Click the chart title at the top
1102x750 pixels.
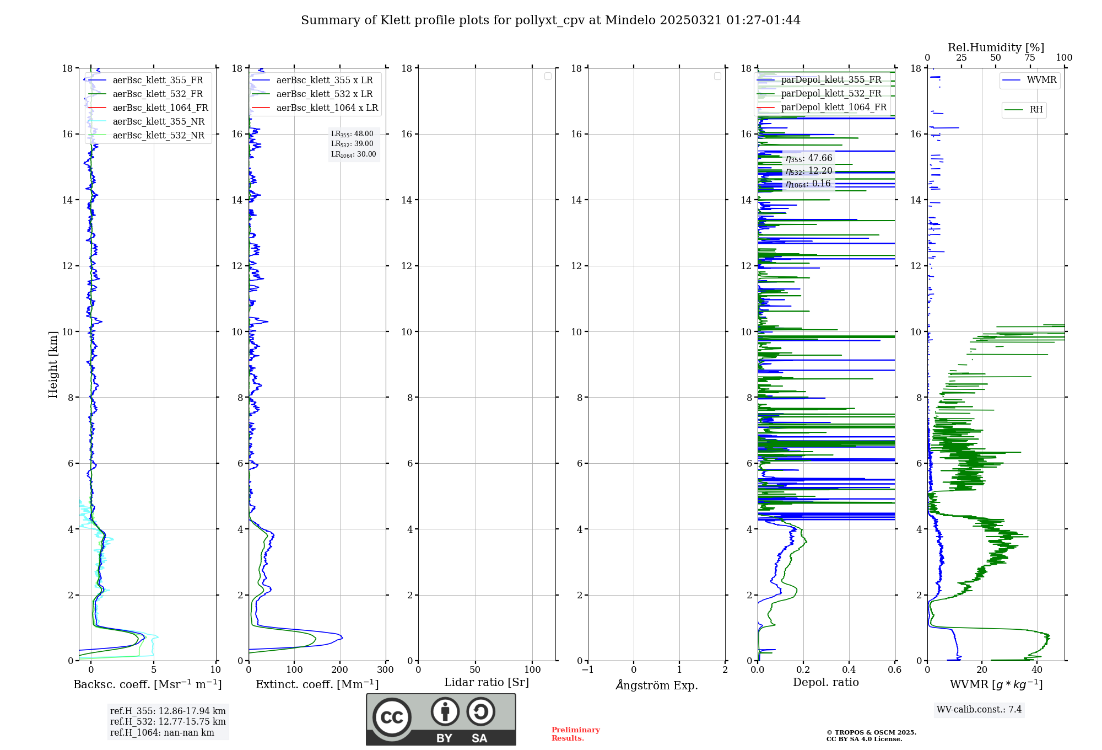[x=550, y=20]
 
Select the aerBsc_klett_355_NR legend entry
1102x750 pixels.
[x=158, y=121]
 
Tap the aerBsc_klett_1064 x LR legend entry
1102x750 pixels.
[x=327, y=108]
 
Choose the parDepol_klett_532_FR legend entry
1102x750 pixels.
[x=830, y=93]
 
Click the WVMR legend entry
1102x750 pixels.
[x=1041, y=80]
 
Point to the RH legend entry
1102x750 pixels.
[x=1036, y=110]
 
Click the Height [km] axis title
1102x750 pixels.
[x=53, y=365]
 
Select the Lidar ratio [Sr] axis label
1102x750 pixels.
[x=487, y=682]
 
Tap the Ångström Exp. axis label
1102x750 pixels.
[x=656, y=685]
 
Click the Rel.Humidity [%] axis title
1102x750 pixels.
[x=996, y=47]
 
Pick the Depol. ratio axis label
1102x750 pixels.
[x=825, y=682]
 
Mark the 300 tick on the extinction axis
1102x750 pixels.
[x=386, y=669]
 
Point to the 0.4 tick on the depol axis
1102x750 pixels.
[x=849, y=669]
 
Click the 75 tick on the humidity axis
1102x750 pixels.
[x=1030, y=58]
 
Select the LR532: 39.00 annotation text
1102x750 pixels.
[x=352, y=144]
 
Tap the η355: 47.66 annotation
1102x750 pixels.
[x=808, y=158]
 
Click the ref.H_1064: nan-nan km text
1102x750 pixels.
[x=162, y=732]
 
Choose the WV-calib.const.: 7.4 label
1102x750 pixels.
[x=979, y=709]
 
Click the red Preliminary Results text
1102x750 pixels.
[x=575, y=734]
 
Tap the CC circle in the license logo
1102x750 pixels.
[x=392, y=717]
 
